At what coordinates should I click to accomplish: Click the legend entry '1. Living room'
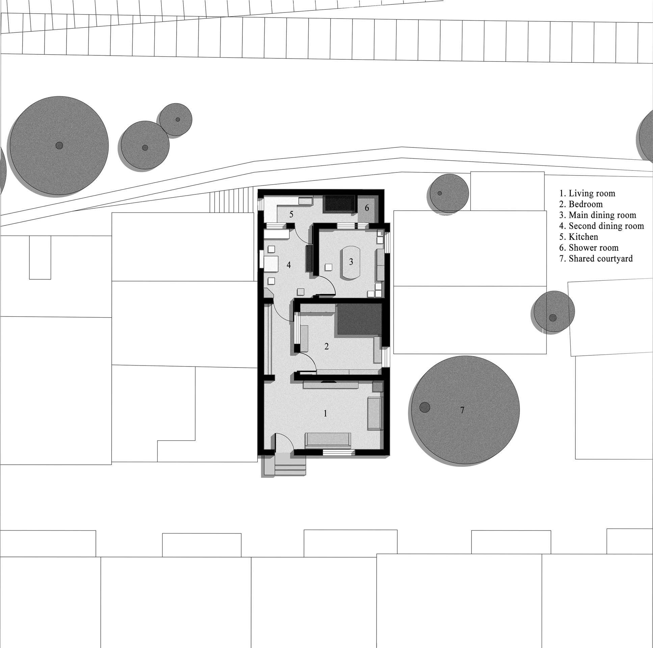pyautogui.click(x=587, y=194)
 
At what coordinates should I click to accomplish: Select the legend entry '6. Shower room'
pyautogui.click(x=589, y=248)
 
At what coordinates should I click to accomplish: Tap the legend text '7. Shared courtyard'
pyautogui.click(x=596, y=259)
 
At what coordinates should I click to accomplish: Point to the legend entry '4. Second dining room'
pyautogui.click(x=601, y=226)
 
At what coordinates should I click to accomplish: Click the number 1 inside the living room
pyautogui.click(x=325, y=413)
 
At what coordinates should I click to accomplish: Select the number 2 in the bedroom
pyautogui.click(x=326, y=346)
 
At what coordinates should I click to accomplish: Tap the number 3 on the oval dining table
pyautogui.click(x=351, y=262)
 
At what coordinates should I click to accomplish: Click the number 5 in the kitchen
pyautogui.click(x=291, y=214)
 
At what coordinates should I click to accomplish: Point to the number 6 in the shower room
pyautogui.click(x=367, y=208)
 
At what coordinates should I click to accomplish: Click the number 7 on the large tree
pyautogui.click(x=462, y=410)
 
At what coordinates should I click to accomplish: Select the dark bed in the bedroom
pyautogui.click(x=360, y=319)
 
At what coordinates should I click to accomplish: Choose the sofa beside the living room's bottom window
pyautogui.click(x=328, y=440)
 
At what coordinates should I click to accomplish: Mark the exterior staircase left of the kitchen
pyautogui.click(x=232, y=202)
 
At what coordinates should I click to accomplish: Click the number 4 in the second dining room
pyautogui.click(x=288, y=265)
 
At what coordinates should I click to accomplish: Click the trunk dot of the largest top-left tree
pyautogui.click(x=59, y=146)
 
